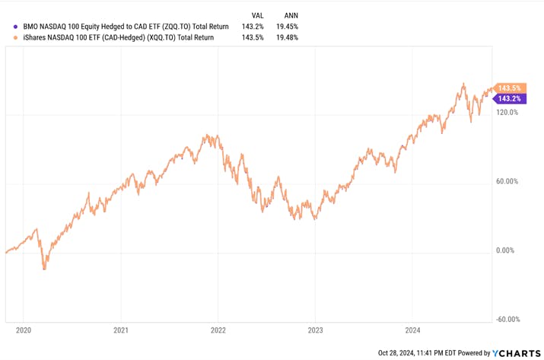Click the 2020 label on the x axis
coord(23,331)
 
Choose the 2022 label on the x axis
coord(218,331)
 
